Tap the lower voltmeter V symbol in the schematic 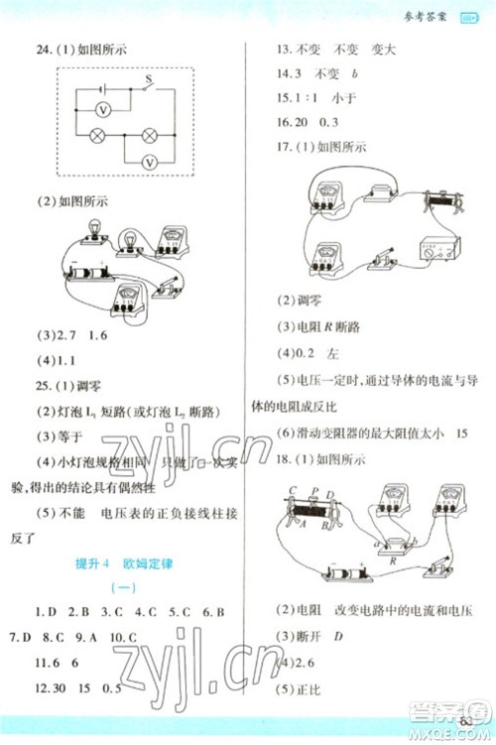click(x=150, y=160)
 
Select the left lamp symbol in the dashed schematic click(x=99, y=134)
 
